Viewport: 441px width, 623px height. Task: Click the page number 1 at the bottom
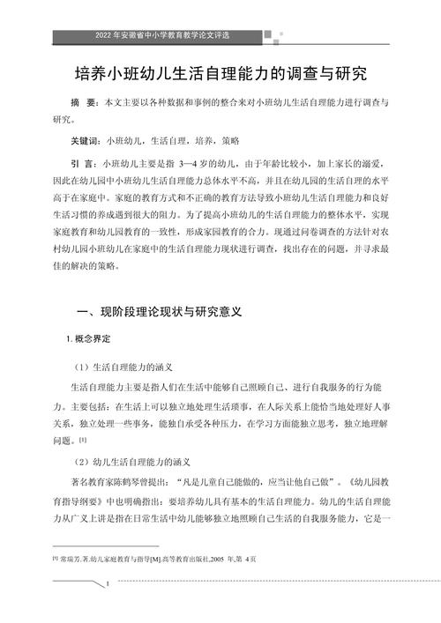pos(106,584)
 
